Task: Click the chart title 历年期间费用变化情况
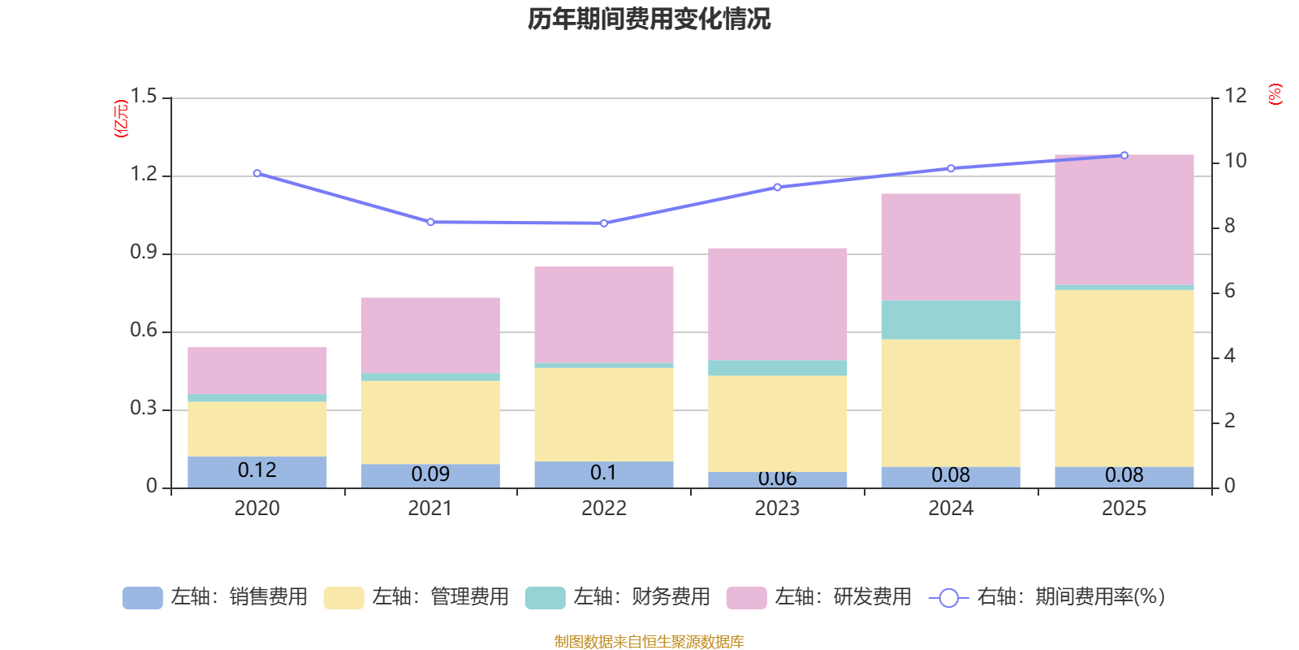649,19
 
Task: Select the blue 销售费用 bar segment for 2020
257,471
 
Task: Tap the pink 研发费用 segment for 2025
1124,219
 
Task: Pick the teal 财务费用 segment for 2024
951,319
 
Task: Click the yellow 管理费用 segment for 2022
604,414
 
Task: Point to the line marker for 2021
430,222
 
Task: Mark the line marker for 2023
777,187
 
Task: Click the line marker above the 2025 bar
1124,154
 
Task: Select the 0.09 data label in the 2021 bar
430,474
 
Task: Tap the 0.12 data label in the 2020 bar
257,470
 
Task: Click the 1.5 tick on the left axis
144,97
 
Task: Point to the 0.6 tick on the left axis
144,331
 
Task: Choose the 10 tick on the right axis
1236,161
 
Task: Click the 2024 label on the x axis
951,508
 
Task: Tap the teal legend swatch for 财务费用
545,598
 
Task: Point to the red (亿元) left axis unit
121,119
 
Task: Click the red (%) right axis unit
1275,94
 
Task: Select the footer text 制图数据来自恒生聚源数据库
649,642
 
